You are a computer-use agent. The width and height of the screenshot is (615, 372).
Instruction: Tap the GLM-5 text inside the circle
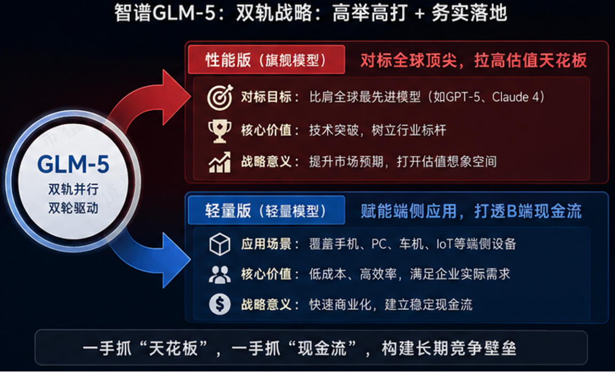point(73,164)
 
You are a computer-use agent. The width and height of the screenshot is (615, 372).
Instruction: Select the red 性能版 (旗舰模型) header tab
point(266,60)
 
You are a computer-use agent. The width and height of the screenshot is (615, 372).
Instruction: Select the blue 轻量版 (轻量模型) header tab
point(266,211)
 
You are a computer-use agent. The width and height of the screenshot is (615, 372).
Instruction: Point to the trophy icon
point(220,131)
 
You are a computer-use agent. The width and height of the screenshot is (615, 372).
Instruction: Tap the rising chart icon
point(220,162)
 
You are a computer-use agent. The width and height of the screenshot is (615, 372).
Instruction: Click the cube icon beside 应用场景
point(220,244)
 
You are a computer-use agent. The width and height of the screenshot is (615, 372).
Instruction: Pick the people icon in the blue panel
point(220,274)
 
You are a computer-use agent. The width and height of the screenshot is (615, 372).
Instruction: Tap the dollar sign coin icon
point(220,304)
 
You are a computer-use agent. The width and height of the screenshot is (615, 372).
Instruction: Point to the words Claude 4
point(516,97)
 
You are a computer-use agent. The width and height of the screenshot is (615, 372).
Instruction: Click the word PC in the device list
point(379,244)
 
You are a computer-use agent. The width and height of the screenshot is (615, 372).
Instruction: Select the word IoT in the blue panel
point(445,244)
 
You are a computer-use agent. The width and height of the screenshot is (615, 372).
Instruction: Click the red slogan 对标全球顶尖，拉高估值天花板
point(473,60)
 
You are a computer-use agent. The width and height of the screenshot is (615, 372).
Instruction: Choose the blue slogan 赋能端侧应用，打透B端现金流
point(471,211)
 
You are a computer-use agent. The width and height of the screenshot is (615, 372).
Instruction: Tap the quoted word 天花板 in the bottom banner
point(173,348)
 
